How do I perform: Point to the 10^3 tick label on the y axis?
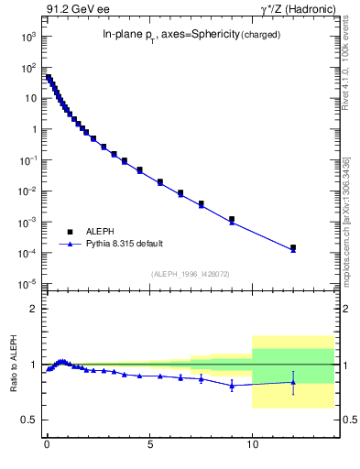tap(27, 37)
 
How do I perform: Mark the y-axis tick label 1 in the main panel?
tap(33, 129)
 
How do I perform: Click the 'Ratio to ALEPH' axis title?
tap(13, 365)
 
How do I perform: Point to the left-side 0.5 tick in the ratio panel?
tap(29, 420)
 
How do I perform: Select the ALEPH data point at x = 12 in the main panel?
tap(293, 247)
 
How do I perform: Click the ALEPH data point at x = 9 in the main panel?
tap(232, 219)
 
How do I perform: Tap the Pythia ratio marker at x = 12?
tap(293, 382)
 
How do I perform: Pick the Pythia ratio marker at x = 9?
tap(232, 386)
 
